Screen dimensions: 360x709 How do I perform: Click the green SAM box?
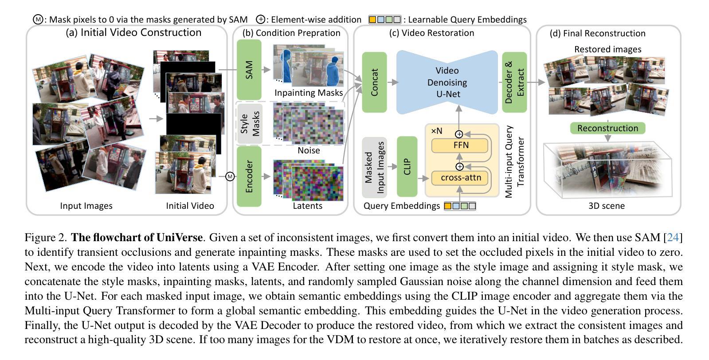(x=249, y=70)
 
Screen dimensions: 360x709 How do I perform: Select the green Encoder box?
(x=249, y=176)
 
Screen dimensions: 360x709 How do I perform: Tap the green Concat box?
(x=374, y=82)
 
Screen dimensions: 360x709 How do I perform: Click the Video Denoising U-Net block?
(x=447, y=82)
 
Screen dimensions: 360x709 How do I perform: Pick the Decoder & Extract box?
(x=514, y=82)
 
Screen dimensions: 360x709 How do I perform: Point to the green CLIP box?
(x=407, y=166)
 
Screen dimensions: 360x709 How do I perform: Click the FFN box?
(x=460, y=145)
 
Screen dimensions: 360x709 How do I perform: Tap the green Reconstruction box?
(x=607, y=128)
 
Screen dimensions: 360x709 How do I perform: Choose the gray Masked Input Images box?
(x=374, y=167)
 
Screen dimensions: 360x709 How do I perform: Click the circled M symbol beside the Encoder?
(x=230, y=176)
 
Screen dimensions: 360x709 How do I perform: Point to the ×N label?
(x=437, y=131)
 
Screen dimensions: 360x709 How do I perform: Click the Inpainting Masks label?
(x=309, y=93)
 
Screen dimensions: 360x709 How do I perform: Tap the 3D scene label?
(x=606, y=206)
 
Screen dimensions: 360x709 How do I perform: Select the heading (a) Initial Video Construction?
(x=133, y=32)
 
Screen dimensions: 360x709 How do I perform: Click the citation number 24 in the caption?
(x=673, y=238)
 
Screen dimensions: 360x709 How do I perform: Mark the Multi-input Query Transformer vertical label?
(x=514, y=161)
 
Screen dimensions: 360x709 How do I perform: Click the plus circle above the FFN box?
(x=459, y=134)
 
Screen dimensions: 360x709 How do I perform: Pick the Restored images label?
(x=607, y=49)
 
